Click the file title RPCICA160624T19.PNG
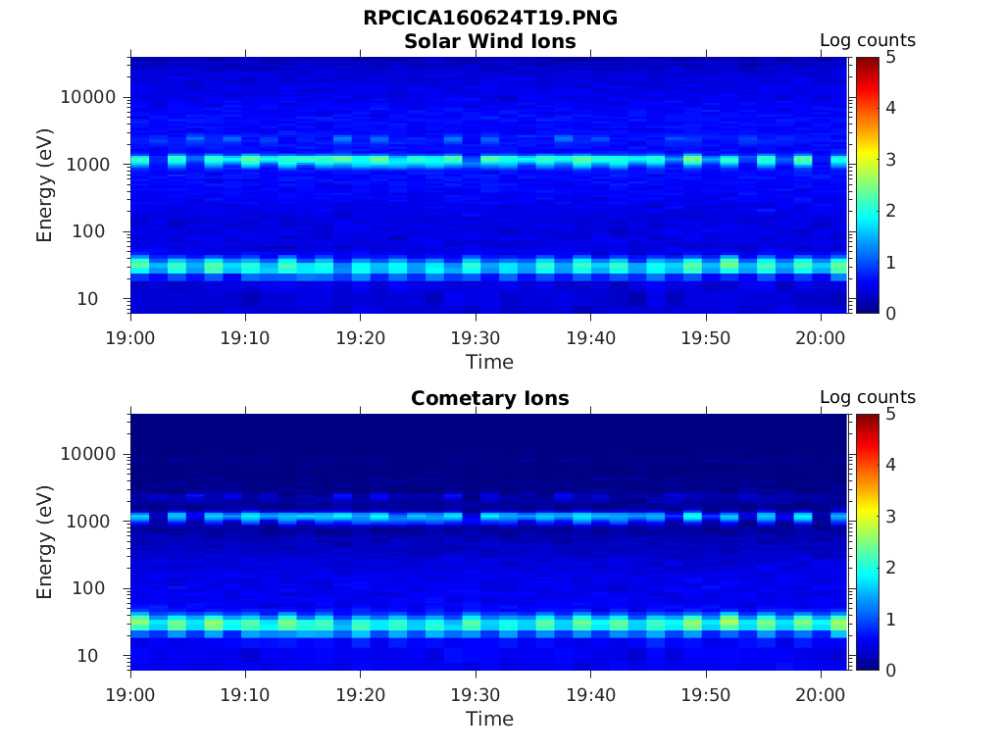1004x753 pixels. (489, 19)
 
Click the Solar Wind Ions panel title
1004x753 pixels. (489, 41)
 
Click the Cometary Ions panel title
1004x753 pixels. (489, 398)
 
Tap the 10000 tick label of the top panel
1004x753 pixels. (89, 97)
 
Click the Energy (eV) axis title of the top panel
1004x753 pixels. (45, 185)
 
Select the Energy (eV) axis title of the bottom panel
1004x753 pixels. (45, 542)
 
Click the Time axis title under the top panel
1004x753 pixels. (489, 362)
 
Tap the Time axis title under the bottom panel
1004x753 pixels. (489, 719)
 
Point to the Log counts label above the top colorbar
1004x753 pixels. (867, 41)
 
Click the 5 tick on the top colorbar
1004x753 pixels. (891, 57)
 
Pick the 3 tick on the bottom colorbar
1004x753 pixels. (891, 517)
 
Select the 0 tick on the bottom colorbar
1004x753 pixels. (891, 671)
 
